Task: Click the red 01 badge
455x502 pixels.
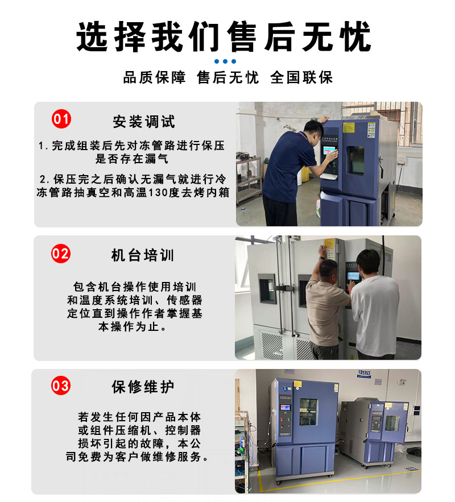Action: click(61, 119)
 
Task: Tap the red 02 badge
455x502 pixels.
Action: click(61, 254)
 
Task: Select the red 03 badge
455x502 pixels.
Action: click(61, 385)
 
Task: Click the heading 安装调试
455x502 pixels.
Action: click(144, 122)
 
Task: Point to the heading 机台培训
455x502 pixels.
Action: click(143, 255)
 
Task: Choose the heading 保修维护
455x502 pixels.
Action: click(143, 387)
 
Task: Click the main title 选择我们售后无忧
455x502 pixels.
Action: click(224, 36)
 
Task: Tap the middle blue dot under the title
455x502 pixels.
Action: click(225, 61)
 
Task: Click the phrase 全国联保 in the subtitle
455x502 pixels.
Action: click(301, 78)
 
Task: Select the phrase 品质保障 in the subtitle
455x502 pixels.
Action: click(154, 78)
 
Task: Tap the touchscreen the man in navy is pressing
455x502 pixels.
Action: click(330, 151)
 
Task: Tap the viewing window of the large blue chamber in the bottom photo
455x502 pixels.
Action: click(309, 412)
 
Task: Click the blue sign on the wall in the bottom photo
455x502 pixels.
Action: click(364, 374)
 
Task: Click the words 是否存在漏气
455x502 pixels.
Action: click(131, 159)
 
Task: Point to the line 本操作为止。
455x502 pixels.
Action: click(132, 326)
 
